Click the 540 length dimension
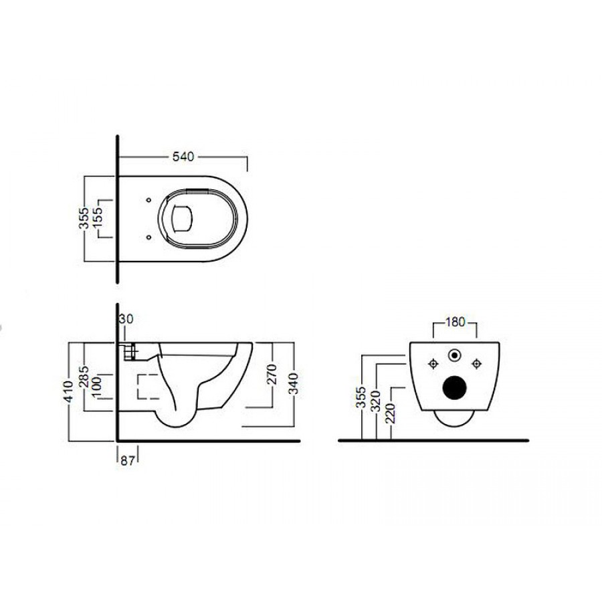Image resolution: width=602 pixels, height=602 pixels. coord(183,157)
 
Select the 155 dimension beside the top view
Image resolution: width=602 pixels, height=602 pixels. coord(97,218)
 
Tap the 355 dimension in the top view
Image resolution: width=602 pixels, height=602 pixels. coord(84,218)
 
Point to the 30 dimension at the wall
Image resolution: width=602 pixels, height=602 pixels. coord(126,318)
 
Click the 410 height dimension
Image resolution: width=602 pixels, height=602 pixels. coord(69,391)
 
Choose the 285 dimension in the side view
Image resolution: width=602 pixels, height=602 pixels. coord(84,377)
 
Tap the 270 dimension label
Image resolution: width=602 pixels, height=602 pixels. coord(271,375)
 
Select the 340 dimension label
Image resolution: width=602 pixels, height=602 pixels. coord(293,384)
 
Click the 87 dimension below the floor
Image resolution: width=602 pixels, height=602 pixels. coord(128,461)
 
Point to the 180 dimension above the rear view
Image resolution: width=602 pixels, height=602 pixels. coord(455,322)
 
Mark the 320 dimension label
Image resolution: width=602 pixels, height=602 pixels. coord(375,401)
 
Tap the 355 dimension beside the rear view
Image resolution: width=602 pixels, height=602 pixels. coord(361,398)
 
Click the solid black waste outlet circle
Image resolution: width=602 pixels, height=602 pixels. coord(455,387)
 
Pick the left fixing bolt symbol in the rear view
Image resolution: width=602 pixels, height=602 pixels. coord(433,363)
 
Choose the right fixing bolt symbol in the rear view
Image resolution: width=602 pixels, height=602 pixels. coord(476,363)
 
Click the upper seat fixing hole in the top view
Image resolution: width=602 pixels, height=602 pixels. coord(148,200)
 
